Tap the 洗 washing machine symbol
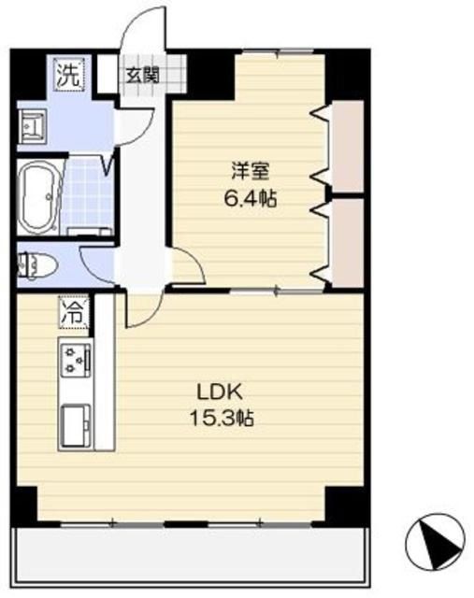tap(67, 73)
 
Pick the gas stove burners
tap(76, 359)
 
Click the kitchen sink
tap(75, 425)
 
